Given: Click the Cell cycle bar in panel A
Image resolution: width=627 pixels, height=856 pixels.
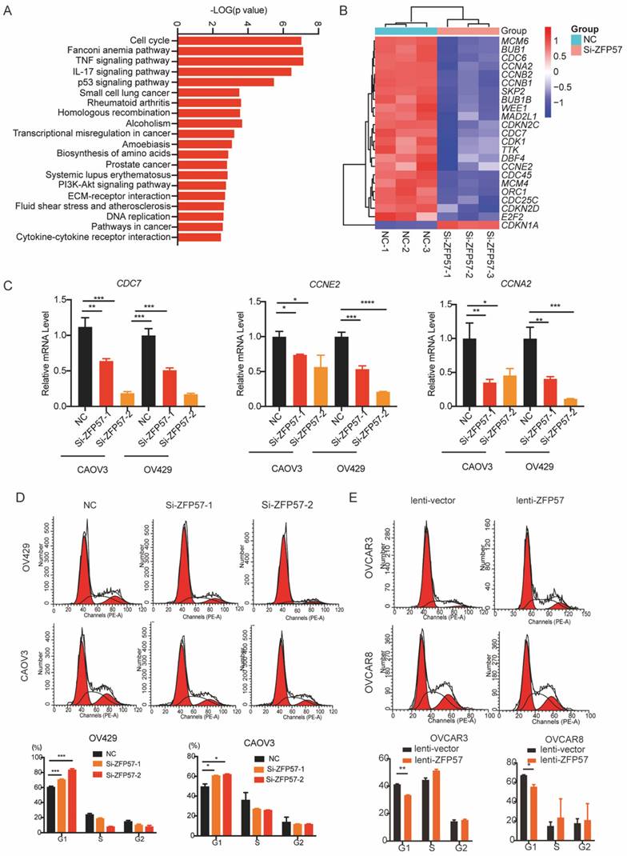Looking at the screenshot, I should pyautogui.click(x=239, y=40).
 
